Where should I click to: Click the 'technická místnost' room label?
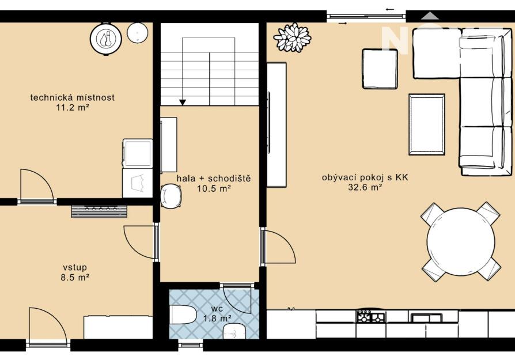pyautogui.click(x=73, y=97)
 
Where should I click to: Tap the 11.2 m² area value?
pyautogui.click(x=73, y=107)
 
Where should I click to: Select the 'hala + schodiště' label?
pyautogui.click(x=214, y=179)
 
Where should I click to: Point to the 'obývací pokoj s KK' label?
pyautogui.click(x=365, y=178)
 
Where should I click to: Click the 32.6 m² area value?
pyautogui.click(x=365, y=188)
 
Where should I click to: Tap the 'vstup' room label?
pyautogui.click(x=75, y=268)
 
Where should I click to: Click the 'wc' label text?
pyautogui.click(x=217, y=309)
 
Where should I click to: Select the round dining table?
pyautogui.click(x=460, y=241)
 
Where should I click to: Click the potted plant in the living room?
pyautogui.click(x=292, y=37)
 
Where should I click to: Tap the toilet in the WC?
pyautogui.click(x=183, y=314)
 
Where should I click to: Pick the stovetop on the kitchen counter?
pyautogui.click(x=371, y=316)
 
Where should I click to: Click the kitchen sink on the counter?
pyautogui.click(x=426, y=317)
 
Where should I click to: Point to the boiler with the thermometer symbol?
pyautogui.click(x=106, y=39)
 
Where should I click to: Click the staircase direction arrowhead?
pyautogui.click(x=183, y=103)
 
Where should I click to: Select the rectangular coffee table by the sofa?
pyautogui.click(x=427, y=124)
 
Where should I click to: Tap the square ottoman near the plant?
pyautogui.click(x=380, y=69)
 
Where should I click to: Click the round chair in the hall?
pyautogui.click(x=171, y=196)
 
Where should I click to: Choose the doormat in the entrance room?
pyautogui.click(x=100, y=211)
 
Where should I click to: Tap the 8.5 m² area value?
pyautogui.click(x=75, y=278)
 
